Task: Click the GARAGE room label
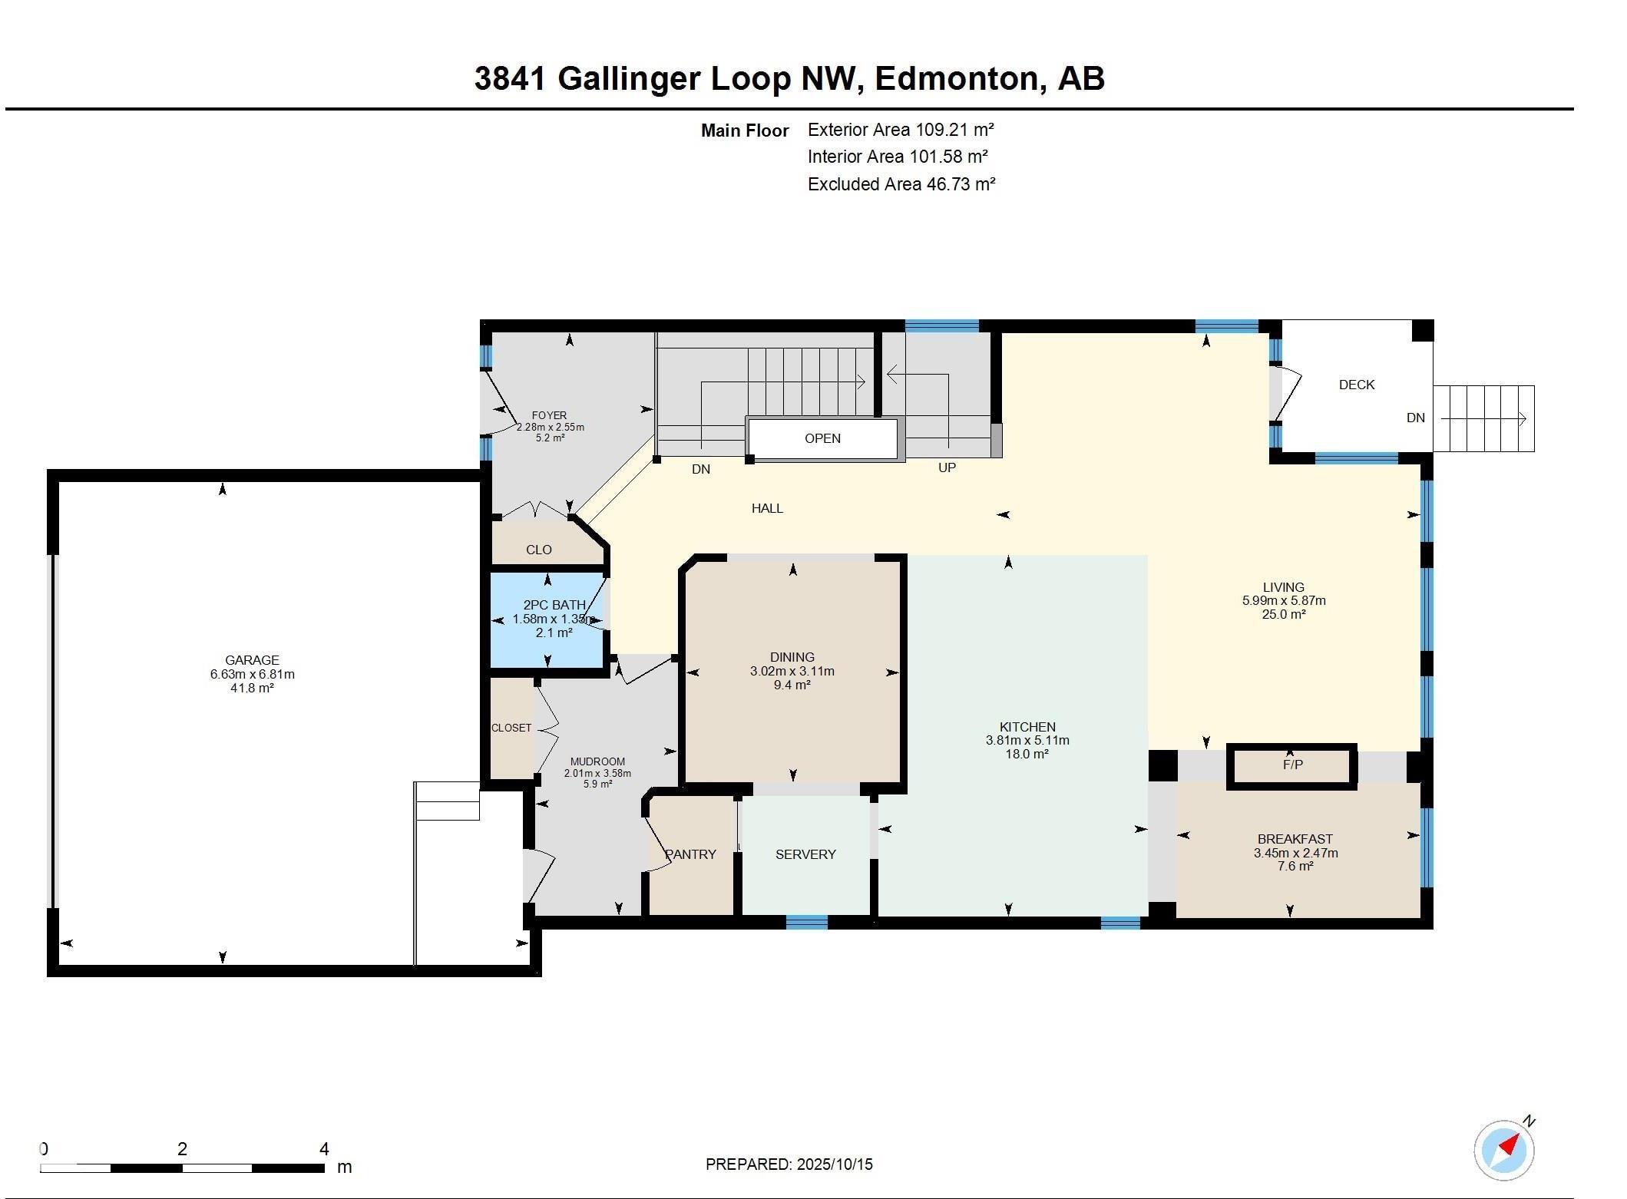tap(252, 659)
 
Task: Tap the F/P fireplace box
tap(1292, 765)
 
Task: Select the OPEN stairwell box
tap(822, 438)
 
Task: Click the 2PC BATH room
tap(547, 619)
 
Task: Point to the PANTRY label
tap(690, 854)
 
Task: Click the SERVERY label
tap(805, 854)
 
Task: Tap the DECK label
tap(1356, 385)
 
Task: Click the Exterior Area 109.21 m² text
tap(901, 130)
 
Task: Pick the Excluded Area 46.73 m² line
tap(901, 184)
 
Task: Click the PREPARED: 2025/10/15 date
tap(789, 1164)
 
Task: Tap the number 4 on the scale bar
tap(324, 1149)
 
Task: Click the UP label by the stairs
tap(947, 467)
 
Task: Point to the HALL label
tap(767, 508)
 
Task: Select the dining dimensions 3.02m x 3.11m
tap(792, 671)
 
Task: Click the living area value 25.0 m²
tap(1283, 614)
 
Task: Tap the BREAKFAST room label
tap(1295, 839)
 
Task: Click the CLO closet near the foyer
tap(539, 550)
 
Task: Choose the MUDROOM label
tap(597, 762)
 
